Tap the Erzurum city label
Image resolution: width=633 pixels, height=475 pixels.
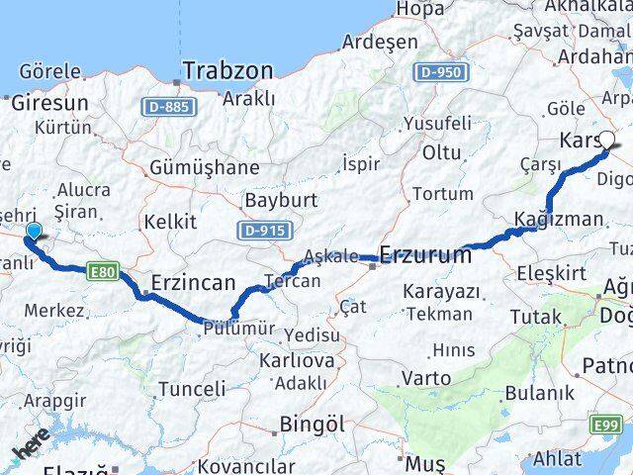point(425,255)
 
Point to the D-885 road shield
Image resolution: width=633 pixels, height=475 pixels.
point(163,106)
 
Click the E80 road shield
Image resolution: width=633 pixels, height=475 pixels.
point(101,268)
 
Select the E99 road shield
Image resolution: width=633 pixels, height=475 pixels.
point(606,426)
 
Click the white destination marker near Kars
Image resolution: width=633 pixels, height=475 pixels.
point(606,142)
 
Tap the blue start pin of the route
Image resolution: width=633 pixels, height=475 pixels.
point(35,232)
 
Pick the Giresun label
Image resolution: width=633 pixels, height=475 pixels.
point(49,102)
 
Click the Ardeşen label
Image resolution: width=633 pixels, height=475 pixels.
point(382,43)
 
